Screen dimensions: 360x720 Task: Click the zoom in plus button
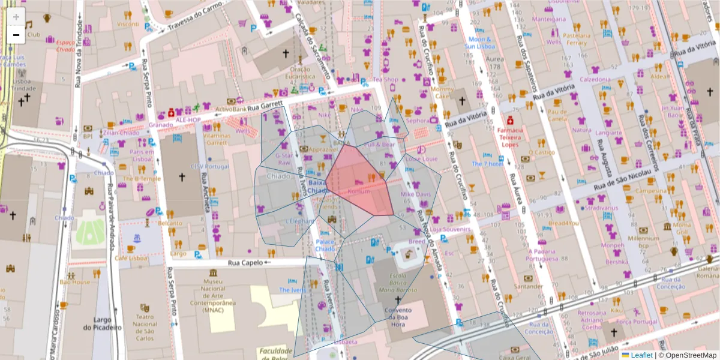pyautogui.click(x=16, y=16)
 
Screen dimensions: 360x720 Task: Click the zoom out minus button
pyautogui.click(x=16, y=35)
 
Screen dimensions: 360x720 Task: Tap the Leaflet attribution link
pyautogui.click(x=641, y=355)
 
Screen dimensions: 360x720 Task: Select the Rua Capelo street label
pyautogui.click(x=246, y=262)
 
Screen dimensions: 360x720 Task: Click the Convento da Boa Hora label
pyautogui.click(x=397, y=317)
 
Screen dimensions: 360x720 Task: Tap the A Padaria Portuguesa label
pyautogui.click(x=547, y=255)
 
